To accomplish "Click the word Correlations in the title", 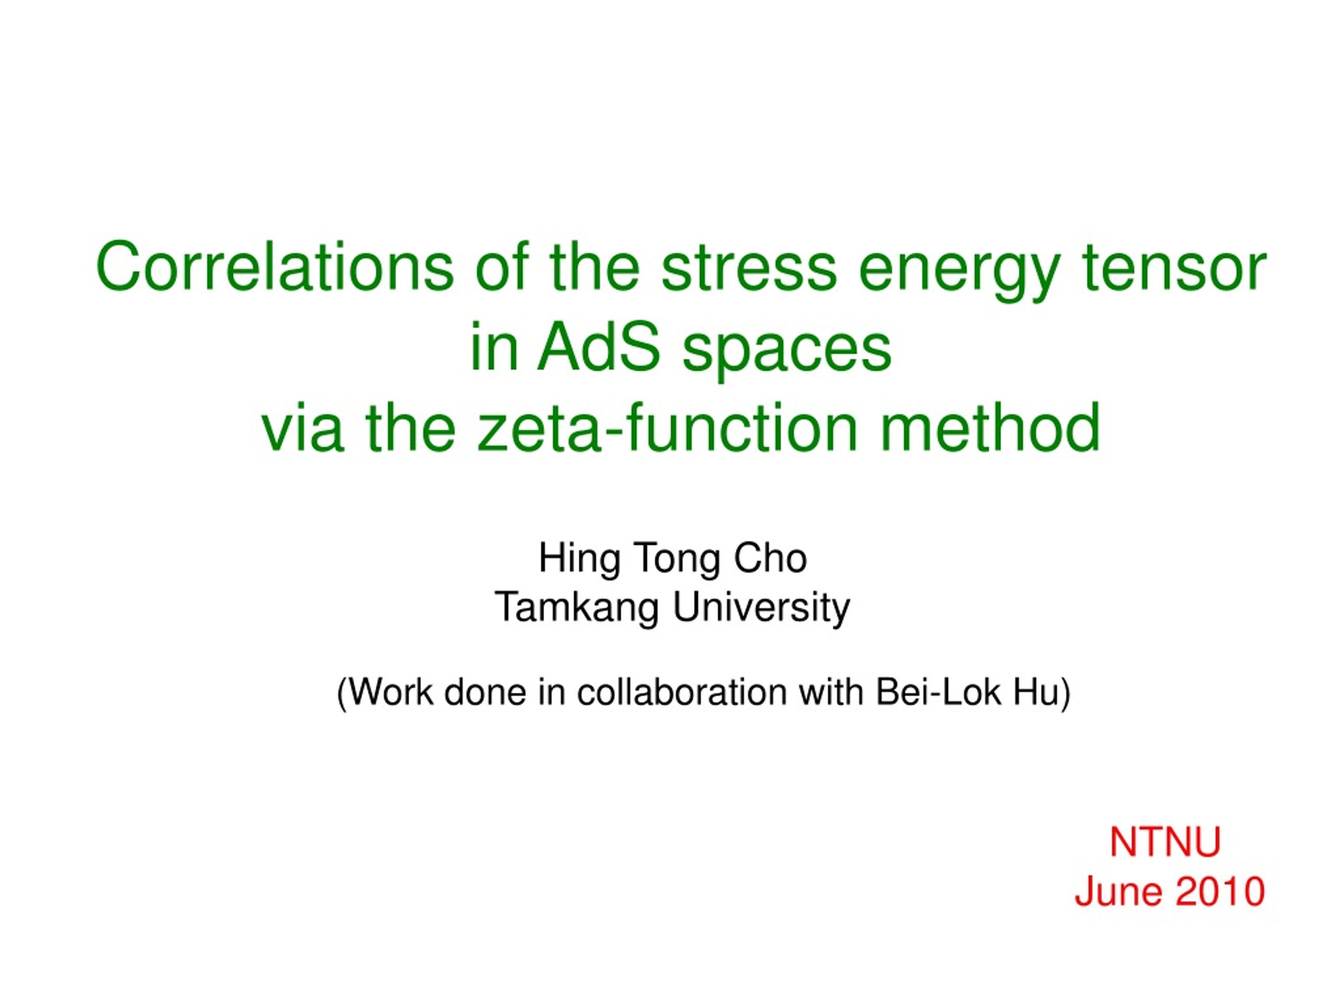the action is pyautogui.click(x=274, y=267).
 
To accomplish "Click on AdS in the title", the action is pyautogui.click(x=598, y=347).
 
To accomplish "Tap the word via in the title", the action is pyautogui.click(x=302, y=428).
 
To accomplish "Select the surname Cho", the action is pyautogui.click(x=771, y=558).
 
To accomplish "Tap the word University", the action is pyautogui.click(x=762, y=608).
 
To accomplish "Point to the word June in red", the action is pyautogui.click(x=1118, y=891).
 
